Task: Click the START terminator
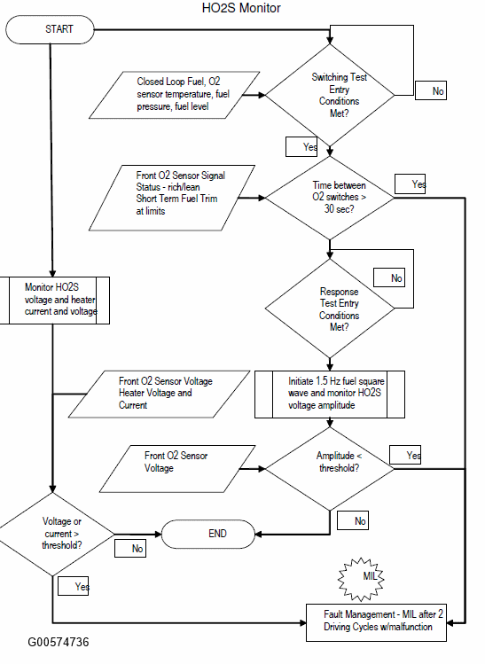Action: (x=50, y=29)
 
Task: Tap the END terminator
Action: (x=208, y=534)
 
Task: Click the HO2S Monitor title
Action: (x=241, y=8)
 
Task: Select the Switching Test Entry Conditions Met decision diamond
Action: (x=330, y=95)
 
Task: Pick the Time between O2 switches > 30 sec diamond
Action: (x=330, y=198)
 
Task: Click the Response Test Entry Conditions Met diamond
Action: (x=330, y=309)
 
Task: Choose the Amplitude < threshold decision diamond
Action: (x=330, y=469)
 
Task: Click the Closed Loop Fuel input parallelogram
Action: (x=174, y=95)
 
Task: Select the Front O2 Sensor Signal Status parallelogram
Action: (x=172, y=198)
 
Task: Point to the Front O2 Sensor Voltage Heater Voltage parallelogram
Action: (x=159, y=394)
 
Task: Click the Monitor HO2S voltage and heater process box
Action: (x=55, y=301)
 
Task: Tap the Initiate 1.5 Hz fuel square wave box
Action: (x=330, y=394)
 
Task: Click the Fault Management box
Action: (x=376, y=622)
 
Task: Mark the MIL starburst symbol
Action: (x=361, y=579)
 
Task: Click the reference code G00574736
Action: (x=59, y=643)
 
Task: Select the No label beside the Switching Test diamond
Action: (x=431, y=90)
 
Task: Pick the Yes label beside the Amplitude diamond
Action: (x=405, y=455)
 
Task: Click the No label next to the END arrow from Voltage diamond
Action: (x=130, y=548)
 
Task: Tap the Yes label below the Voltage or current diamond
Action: (x=74, y=586)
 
